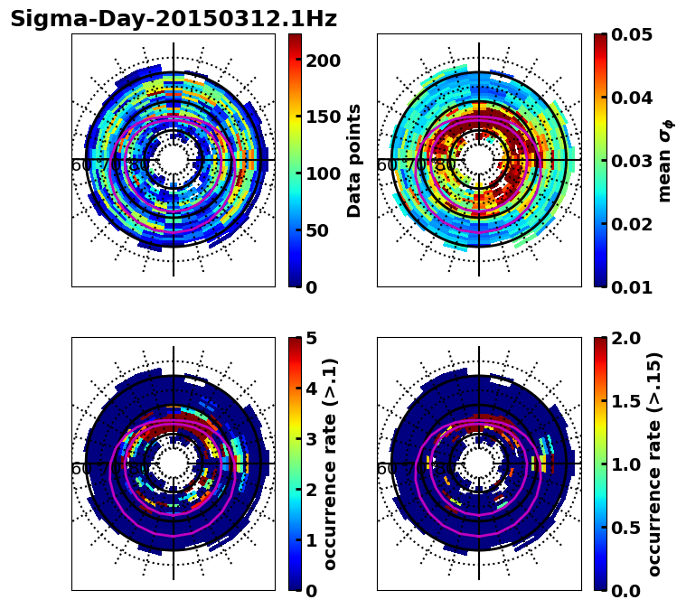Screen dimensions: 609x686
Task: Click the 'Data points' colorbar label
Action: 354,160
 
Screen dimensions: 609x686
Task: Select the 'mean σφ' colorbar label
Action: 665,160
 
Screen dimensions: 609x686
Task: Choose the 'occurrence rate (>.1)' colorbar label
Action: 330,464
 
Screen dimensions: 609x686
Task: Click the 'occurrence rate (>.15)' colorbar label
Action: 654,464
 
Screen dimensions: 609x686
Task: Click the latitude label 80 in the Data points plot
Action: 138,165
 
